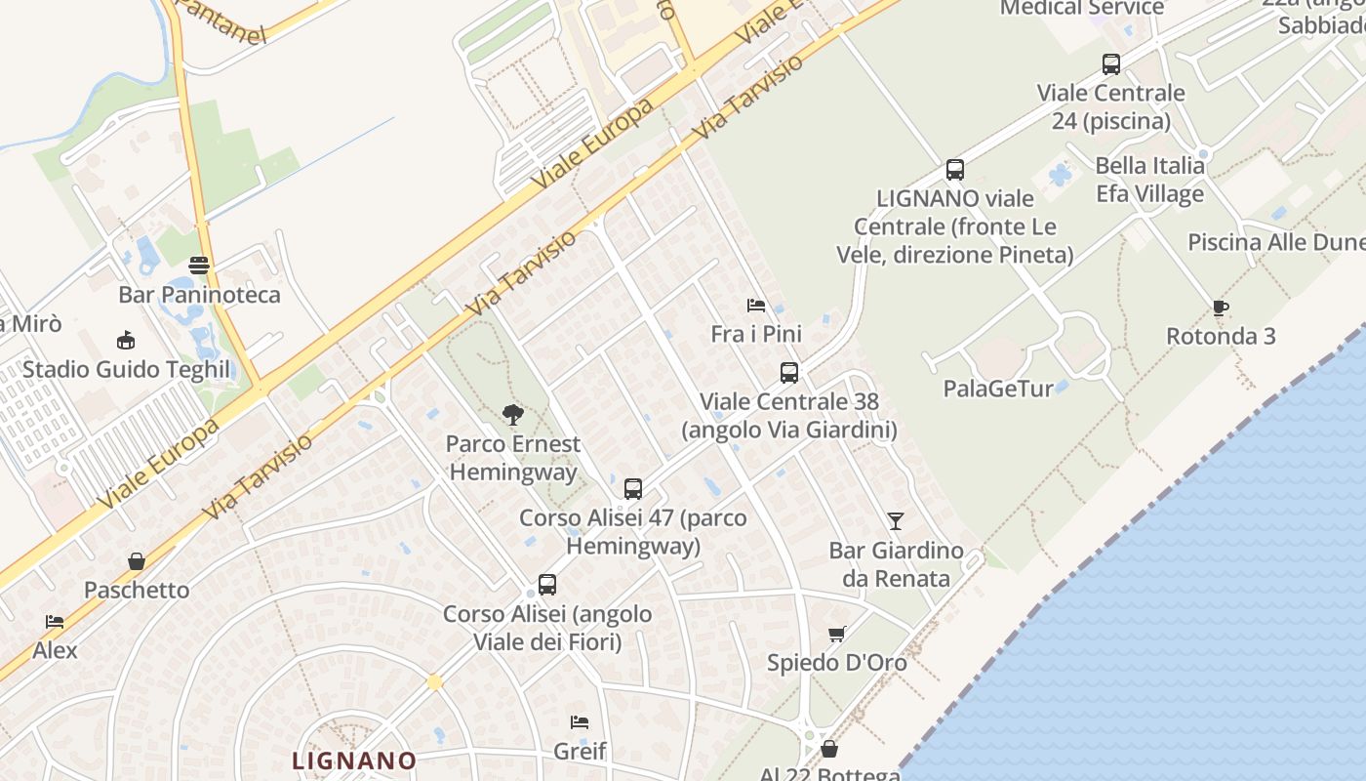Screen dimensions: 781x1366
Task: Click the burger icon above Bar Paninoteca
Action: [x=199, y=266]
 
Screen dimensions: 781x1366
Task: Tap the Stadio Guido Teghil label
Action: [x=126, y=369]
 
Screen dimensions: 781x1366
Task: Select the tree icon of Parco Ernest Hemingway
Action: [x=512, y=415]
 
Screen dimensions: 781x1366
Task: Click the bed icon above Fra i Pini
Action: [x=756, y=306]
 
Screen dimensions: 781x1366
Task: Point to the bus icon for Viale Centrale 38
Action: [x=789, y=373]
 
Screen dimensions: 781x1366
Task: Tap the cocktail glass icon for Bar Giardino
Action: [x=896, y=521]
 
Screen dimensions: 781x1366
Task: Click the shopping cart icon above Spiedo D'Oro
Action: [x=836, y=635]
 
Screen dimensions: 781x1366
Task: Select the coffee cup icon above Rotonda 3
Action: [x=1220, y=308]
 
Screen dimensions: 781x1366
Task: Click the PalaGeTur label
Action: [x=997, y=389]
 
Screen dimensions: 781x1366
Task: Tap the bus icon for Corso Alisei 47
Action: [x=633, y=488]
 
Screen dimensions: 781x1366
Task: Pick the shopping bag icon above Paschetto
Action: [x=137, y=561]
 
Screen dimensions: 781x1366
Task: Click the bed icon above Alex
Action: [x=55, y=622]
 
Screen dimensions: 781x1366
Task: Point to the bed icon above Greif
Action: [x=580, y=722]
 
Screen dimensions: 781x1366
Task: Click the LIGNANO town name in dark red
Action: [x=355, y=760]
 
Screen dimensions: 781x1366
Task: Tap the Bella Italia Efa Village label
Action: [x=1149, y=180]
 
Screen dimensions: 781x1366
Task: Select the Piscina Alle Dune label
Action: [x=1275, y=242]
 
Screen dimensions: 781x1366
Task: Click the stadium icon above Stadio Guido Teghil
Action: [x=125, y=341]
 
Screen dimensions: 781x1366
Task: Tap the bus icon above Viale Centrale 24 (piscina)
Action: [x=1111, y=64]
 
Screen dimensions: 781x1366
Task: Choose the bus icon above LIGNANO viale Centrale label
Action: [x=955, y=170]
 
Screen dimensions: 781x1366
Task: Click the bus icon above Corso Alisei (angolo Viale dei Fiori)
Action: [x=547, y=585]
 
